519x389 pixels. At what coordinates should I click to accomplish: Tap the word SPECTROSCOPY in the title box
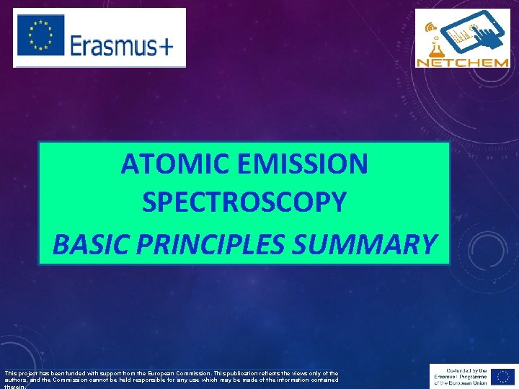(244, 203)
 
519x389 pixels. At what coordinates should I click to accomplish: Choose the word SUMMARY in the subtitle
(365, 244)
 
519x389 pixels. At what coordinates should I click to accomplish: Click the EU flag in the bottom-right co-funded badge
(501, 376)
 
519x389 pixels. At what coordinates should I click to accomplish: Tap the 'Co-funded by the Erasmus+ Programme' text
(461, 376)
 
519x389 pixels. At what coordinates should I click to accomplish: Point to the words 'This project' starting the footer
(17, 373)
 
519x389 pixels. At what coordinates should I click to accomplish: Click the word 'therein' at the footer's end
(11, 386)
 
